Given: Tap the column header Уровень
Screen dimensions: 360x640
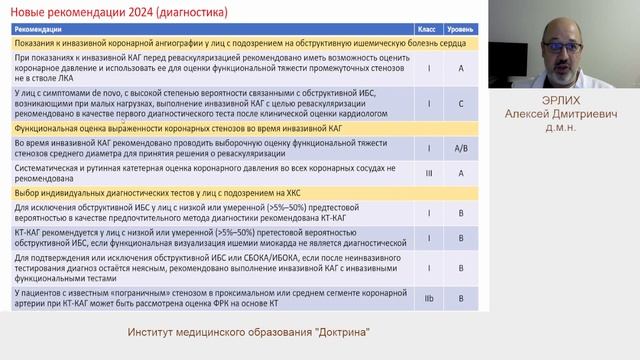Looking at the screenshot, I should coord(461,30).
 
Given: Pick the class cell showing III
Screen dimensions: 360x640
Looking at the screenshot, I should coord(428,173).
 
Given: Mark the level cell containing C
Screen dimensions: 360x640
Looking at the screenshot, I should coord(461,104).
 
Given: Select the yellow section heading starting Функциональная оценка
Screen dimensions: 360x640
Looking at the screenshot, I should coord(150,129).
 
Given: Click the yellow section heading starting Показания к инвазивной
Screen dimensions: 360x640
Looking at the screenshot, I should coord(200,45).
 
